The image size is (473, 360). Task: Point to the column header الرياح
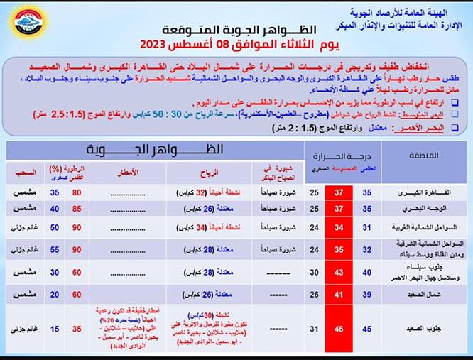211,171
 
